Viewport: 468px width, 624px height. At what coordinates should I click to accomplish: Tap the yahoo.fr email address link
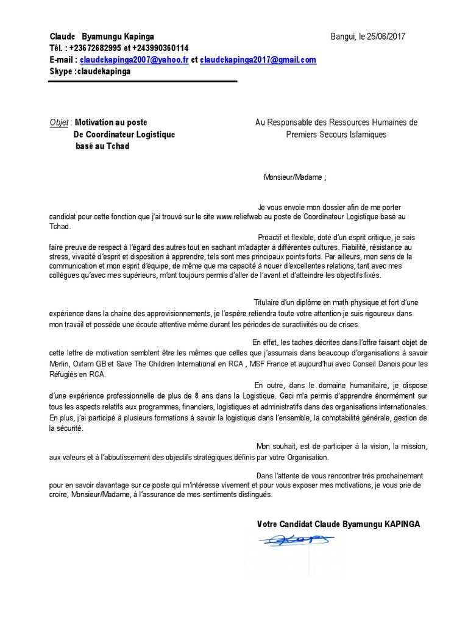[135, 60]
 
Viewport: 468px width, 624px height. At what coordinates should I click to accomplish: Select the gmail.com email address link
[258, 60]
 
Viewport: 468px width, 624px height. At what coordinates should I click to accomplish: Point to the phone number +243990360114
[160, 48]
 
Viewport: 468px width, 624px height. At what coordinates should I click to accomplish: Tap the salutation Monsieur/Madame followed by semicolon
[295, 178]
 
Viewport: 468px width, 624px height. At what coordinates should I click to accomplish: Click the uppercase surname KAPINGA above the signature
[399, 524]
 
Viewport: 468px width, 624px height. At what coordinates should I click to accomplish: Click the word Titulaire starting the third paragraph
[270, 303]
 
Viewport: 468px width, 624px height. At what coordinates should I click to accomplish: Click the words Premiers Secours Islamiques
[336, 135]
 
